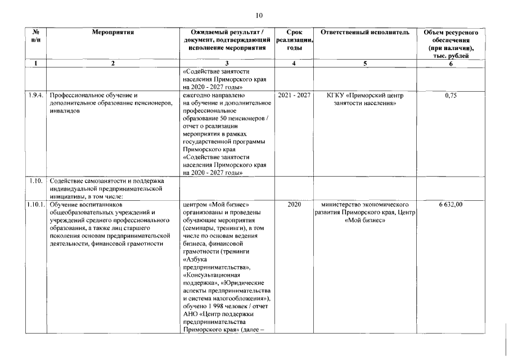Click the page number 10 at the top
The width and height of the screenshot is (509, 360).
[x=259, y=15]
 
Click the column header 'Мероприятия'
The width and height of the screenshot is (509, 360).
[x=112, y=33]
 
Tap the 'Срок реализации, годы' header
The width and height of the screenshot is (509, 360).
[x=294, y=40]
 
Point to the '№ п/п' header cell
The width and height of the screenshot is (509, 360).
[x=36, y=37]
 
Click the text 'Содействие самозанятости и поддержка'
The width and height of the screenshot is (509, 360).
[x=106, y=181]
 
